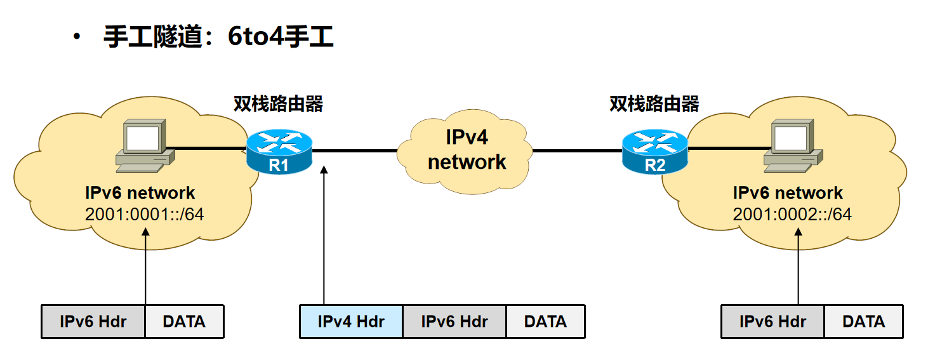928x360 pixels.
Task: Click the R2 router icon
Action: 654,151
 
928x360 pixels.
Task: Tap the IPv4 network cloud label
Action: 467,150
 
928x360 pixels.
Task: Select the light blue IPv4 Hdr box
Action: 351,321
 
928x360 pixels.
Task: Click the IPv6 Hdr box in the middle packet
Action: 454,321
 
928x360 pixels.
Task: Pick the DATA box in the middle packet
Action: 545,321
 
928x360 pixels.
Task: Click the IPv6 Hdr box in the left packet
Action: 93,321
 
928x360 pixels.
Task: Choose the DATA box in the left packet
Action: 184,321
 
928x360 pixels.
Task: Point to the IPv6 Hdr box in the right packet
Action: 772,321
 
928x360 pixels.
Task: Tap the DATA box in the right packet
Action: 863,321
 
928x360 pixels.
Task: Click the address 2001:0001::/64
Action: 144,214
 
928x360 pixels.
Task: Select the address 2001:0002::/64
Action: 792,214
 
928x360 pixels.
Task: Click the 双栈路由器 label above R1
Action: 278,103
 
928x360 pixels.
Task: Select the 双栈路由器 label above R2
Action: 654,103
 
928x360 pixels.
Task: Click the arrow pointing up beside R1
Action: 324,235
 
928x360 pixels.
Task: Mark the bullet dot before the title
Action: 77,37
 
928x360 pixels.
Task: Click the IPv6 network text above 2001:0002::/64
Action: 788,193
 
